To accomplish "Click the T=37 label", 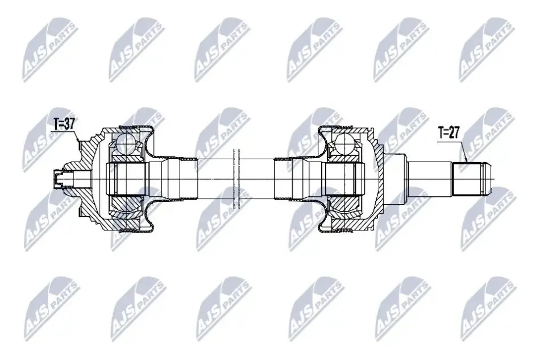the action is coord(64,124).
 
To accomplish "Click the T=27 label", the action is coord(448,133).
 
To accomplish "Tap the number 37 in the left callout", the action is coord(69,124).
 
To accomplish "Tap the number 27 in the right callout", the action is coord(454,133).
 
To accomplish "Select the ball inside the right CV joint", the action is coord(344,142).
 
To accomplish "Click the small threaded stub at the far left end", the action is coord(59,179).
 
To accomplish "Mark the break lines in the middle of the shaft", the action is coord(236,179).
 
